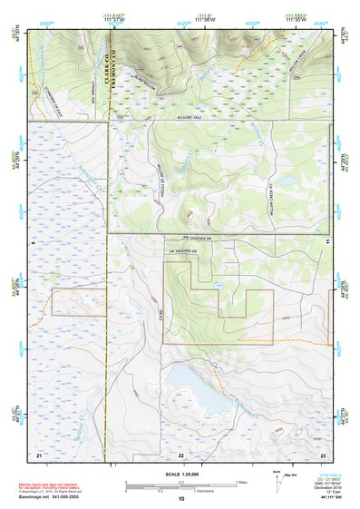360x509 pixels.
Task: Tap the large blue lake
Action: [196, 387]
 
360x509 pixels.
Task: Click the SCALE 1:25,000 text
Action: [180, 474]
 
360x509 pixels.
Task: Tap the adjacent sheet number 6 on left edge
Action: [33, 242]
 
